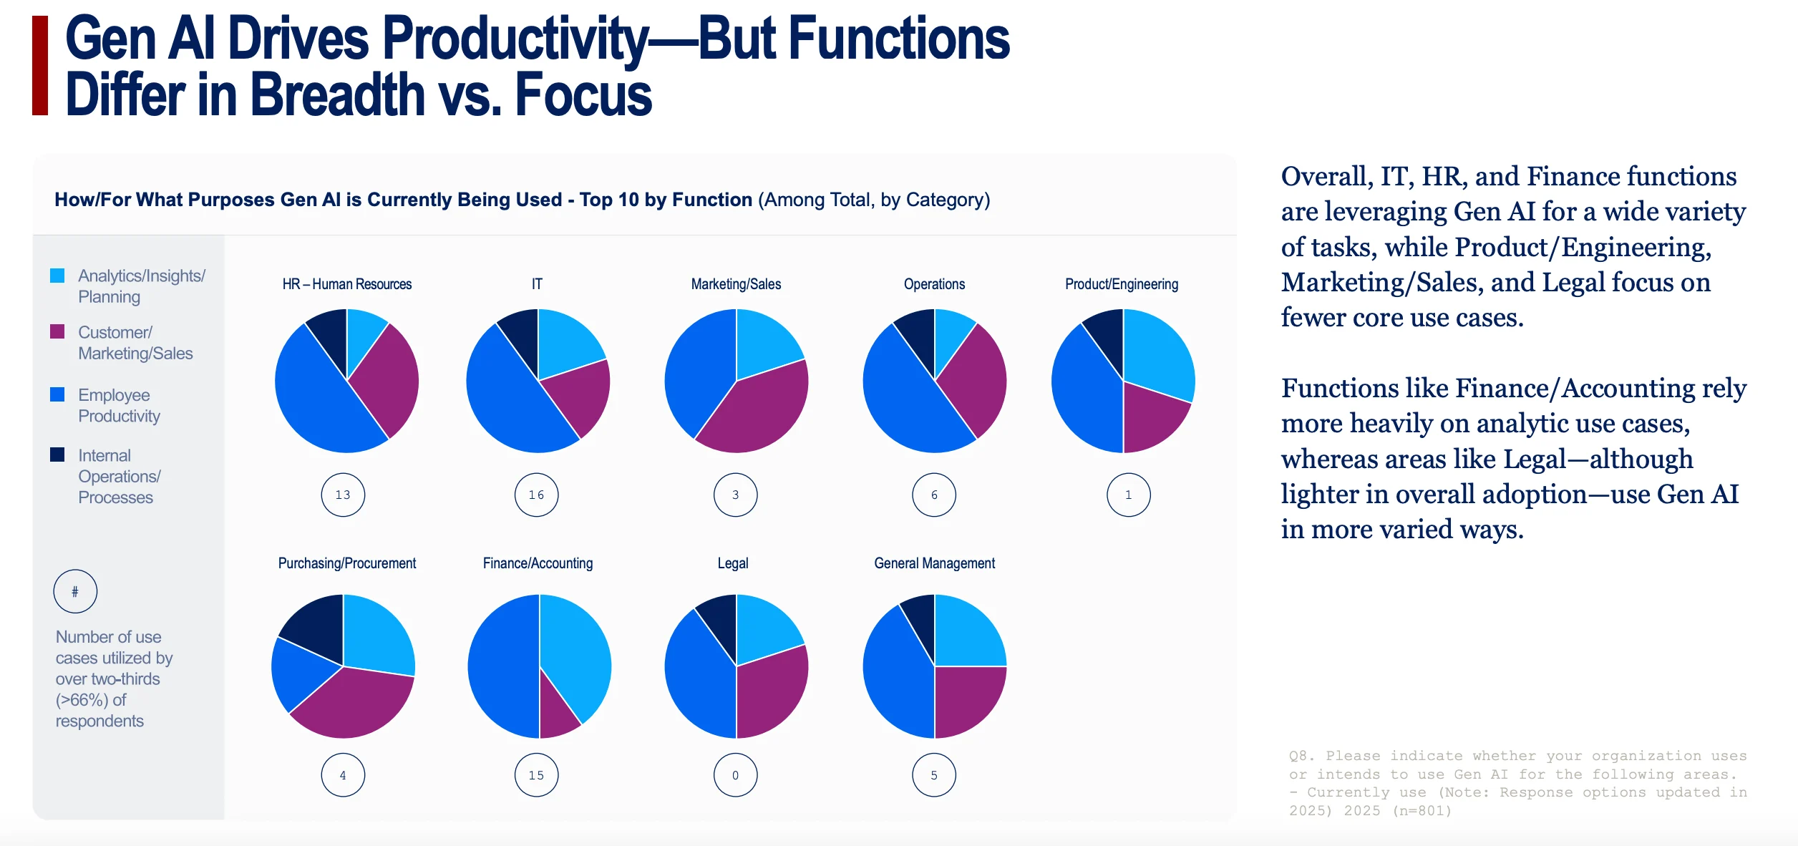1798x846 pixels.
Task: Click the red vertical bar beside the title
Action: point(40,66)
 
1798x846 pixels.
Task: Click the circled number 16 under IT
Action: point(536,495)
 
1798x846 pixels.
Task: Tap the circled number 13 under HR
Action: point(343,495)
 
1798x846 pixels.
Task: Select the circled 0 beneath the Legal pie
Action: point(735,775)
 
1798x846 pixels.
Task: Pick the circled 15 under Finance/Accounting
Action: point(536,775)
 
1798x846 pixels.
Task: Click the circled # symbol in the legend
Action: point(75,591)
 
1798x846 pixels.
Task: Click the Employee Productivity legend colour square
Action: point(57,394)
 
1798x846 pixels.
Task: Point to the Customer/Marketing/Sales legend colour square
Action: point(57,331)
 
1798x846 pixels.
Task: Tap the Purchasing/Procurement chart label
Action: point(347,563)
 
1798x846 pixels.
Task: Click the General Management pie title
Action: point(934,563)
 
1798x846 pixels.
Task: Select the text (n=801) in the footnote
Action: point(1422,811)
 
